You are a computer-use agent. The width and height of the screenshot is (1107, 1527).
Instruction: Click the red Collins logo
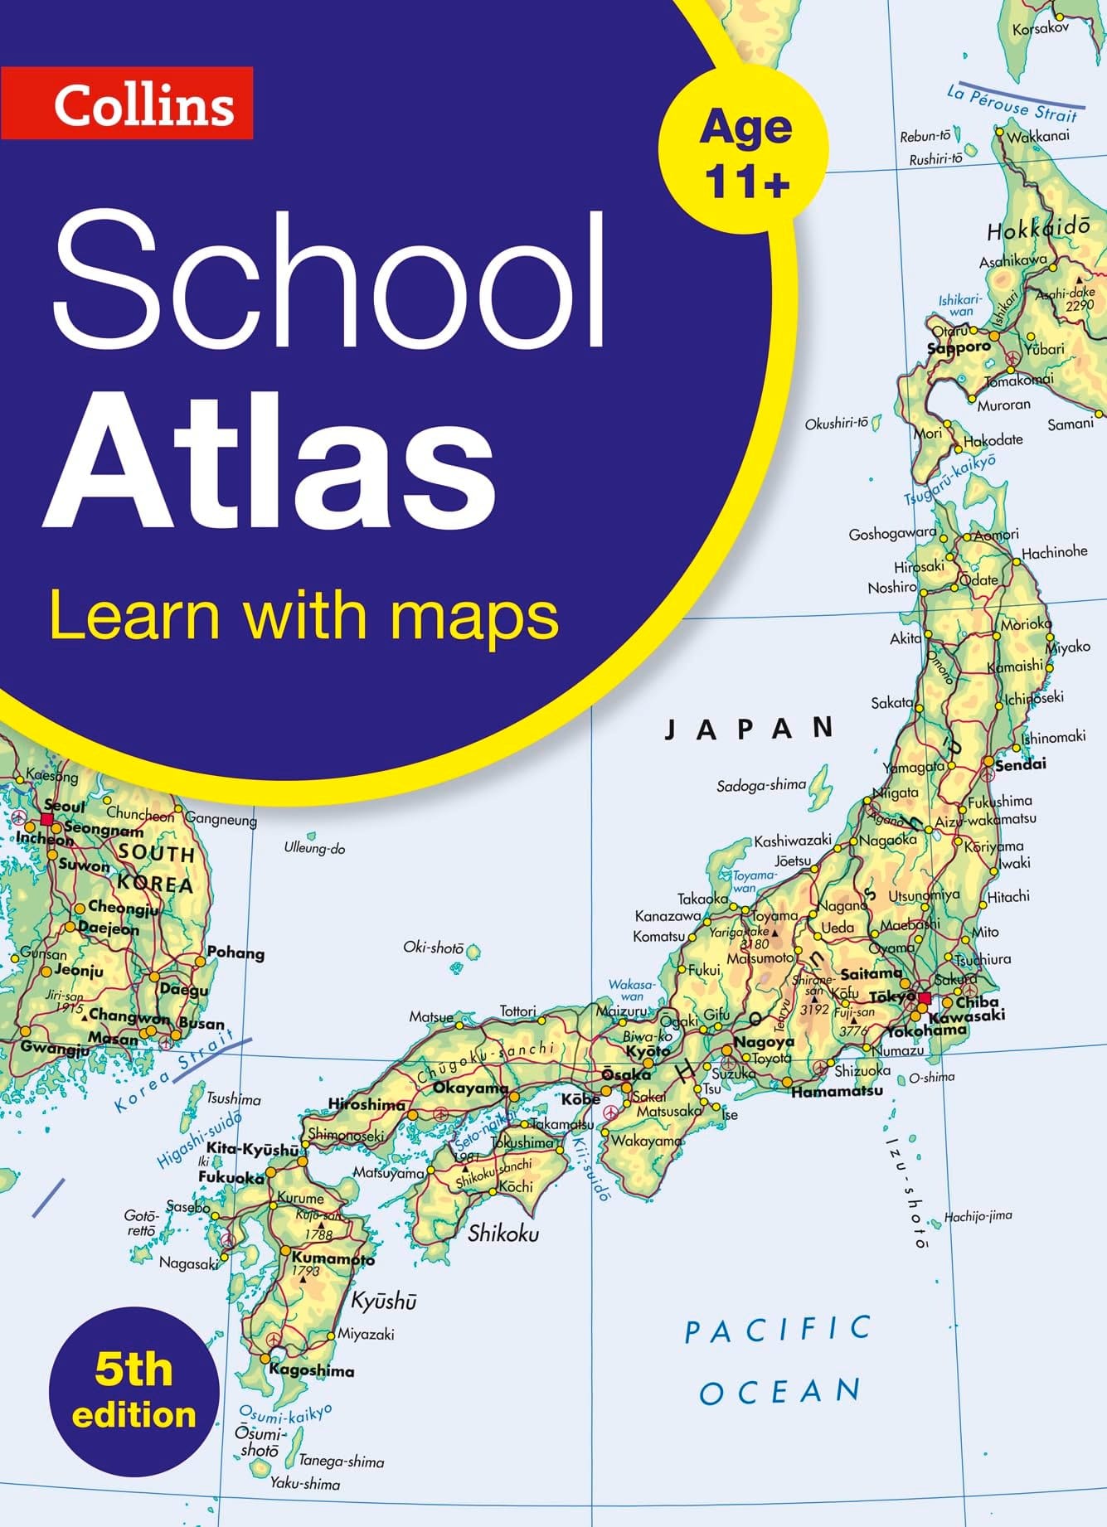click(127, 104)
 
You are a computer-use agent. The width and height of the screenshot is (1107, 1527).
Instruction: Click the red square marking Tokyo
click(925, 997)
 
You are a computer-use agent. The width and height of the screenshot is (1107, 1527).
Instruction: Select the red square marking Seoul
click(47, 820)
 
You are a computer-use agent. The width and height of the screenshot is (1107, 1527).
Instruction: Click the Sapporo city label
click(959, 348)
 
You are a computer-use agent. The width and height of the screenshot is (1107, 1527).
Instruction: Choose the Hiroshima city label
click(367, 1103)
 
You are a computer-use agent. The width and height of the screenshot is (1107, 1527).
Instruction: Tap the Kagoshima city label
click(312, 1370)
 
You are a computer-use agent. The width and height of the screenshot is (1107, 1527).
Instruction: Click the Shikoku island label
click(503, 1234)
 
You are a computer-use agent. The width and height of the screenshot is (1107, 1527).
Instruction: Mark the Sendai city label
click(1021, 763)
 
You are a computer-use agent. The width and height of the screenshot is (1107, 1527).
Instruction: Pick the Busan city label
click(201, 1023)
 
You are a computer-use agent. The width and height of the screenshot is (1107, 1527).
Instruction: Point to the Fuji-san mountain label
click(854, 1012)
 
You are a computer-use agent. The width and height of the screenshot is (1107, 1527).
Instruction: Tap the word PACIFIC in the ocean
click(778, 1330)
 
